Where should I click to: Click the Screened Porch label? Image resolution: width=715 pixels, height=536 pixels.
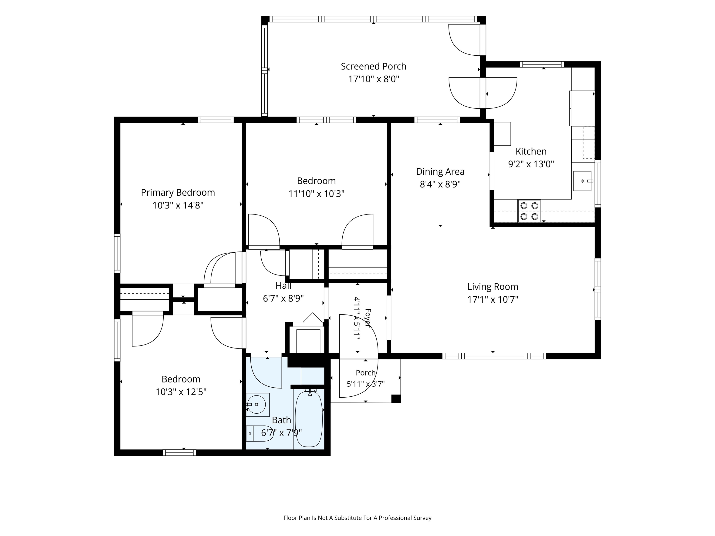(373, 66)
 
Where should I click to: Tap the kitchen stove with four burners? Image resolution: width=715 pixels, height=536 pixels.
(529, 211)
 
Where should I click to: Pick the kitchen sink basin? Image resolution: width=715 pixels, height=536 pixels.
(583, 181)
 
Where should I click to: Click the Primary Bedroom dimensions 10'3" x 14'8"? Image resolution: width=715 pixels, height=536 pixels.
(178, 205)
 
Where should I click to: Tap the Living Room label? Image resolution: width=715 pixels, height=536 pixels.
(493, 287)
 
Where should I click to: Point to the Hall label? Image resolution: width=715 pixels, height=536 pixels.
(283, 286)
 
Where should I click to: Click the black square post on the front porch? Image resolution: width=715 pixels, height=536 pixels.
(396, 399)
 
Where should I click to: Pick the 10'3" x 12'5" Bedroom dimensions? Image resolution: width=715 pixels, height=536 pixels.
(181, 392)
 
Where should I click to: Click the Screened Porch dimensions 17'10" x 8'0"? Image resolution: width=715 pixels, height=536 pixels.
(373, 79)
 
